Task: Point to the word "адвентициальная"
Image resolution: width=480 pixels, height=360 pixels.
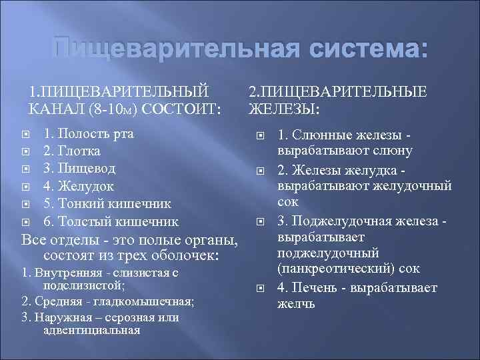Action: click(91, 329)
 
